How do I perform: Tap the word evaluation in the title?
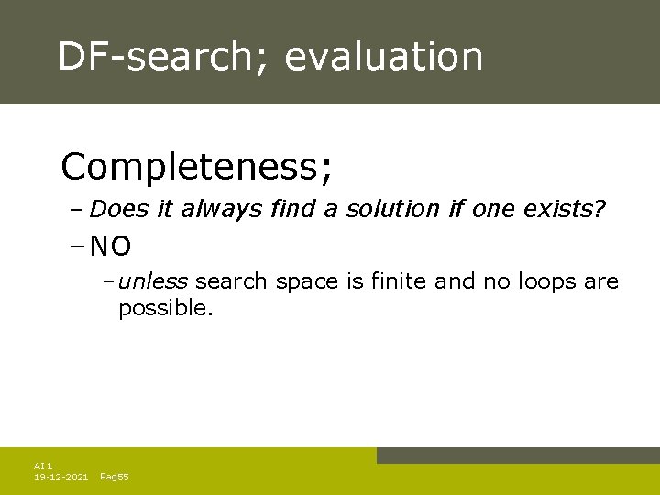pos(383,57)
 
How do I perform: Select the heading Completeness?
pos(197,168)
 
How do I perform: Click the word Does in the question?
pos(120,210)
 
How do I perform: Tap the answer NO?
pos(112,247)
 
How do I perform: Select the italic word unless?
pos(153,281)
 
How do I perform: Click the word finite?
pos(399,281)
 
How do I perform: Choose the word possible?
pos(165,309)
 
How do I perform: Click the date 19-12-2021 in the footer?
pos(60,478)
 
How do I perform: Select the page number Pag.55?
pos(114,478)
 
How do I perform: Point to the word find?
pos(291,210)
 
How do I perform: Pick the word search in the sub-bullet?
pos(231,281)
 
